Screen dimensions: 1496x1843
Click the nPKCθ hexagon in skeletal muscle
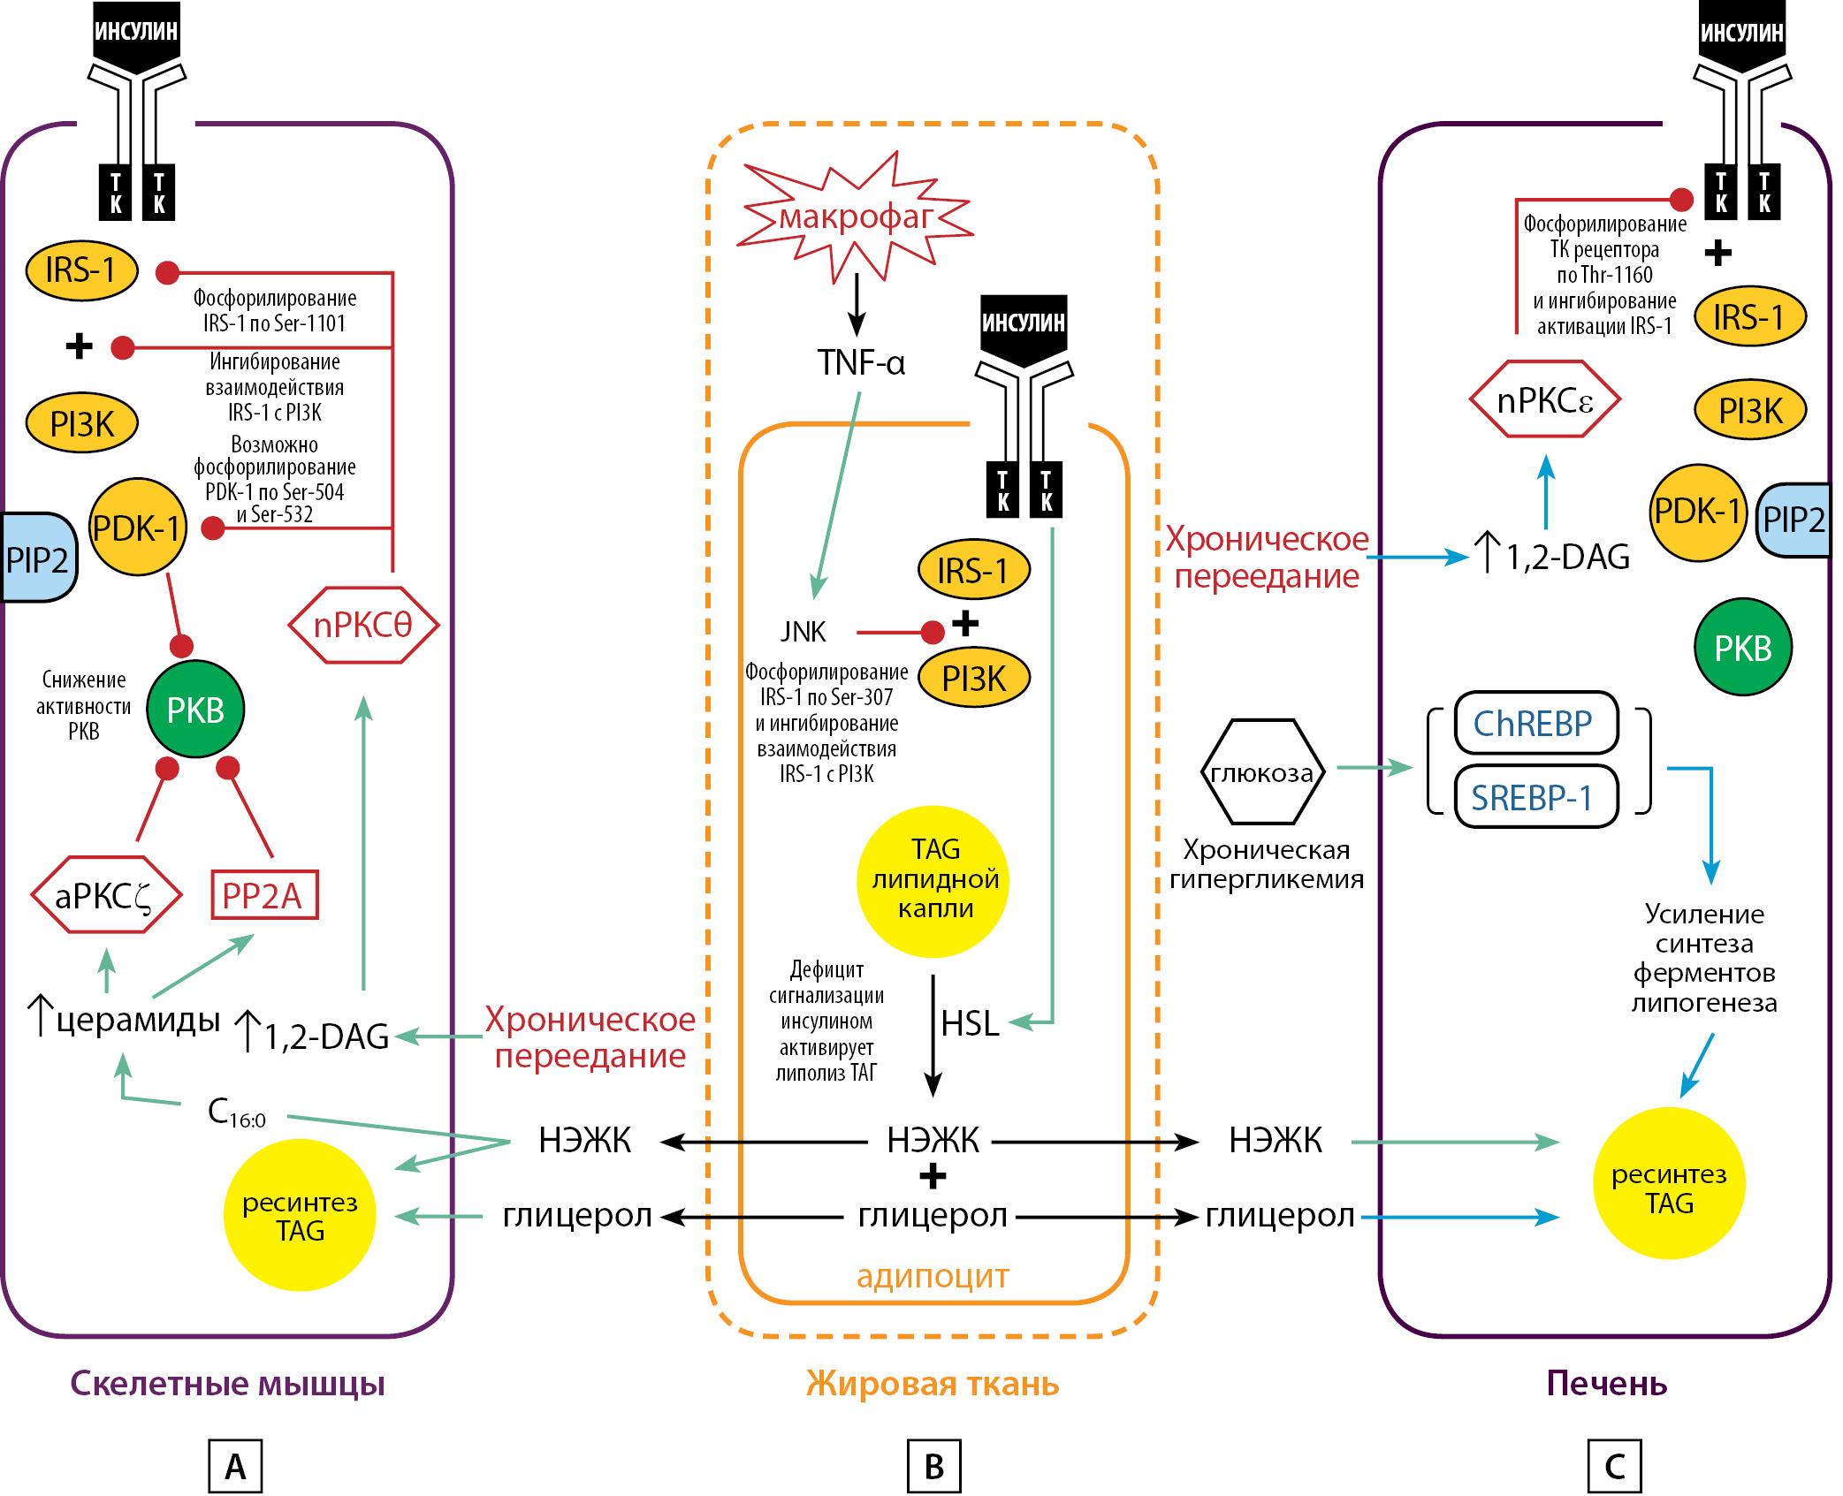point(363,625)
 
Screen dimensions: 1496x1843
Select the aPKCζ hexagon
point(106,895)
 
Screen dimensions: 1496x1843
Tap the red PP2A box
point(263,895)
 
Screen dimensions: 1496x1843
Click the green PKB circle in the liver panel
point(1742,648)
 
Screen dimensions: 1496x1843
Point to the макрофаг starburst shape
point(855,216)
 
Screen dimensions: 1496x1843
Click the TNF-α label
point(860,362)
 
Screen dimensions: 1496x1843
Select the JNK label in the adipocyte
point(803,632)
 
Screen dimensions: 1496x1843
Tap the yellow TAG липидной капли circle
point(933,880)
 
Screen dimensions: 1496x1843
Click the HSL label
point(970,1023)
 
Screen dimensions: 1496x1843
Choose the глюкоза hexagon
point(1262,772)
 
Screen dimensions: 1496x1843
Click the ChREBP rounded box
point(1535,724)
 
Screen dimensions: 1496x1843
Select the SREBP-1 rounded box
point(1535,797)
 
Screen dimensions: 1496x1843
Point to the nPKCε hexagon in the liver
point(1544,400)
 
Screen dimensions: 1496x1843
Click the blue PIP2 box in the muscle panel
point(37,558)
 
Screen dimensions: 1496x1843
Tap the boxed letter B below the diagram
point(933,1467)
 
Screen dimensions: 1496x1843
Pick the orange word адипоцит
point(933,1276)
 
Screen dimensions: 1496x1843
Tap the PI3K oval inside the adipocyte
point(974,679)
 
